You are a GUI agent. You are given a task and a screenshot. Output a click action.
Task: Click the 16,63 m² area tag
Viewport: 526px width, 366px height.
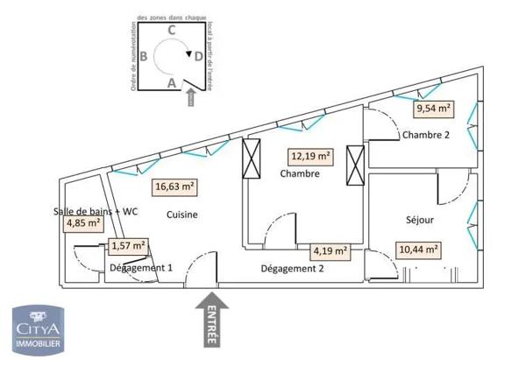pyautogui.click(x=174, y=186)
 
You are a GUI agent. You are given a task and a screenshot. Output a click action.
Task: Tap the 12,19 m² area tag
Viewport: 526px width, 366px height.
pyautogui.click(x=310, y=157)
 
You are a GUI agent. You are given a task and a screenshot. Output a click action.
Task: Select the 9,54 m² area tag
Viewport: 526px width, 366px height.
pyautogui.click(x=434, y=109)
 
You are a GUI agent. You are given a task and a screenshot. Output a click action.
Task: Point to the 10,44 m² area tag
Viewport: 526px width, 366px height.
pyautogui.click(x=418, y=249)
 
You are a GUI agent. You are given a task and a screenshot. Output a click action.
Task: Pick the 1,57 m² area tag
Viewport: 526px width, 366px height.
pyautogui.click(x=128, y=247)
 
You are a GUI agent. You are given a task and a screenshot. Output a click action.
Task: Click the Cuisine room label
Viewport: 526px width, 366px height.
pyautogui.click(x=182, y=215)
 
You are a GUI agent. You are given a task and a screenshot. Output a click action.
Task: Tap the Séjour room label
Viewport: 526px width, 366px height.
pyautogui.click(x=420, y=219)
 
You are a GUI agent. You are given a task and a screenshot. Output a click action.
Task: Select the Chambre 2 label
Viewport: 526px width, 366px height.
pyautogui.click(x=425, y=135)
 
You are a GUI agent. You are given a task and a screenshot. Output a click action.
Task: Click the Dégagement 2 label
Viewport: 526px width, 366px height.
pyautogui.click(x=293, y=270)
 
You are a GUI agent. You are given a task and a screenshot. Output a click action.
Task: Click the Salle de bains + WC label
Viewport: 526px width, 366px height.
pyautogui.click(x=95, y=210)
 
